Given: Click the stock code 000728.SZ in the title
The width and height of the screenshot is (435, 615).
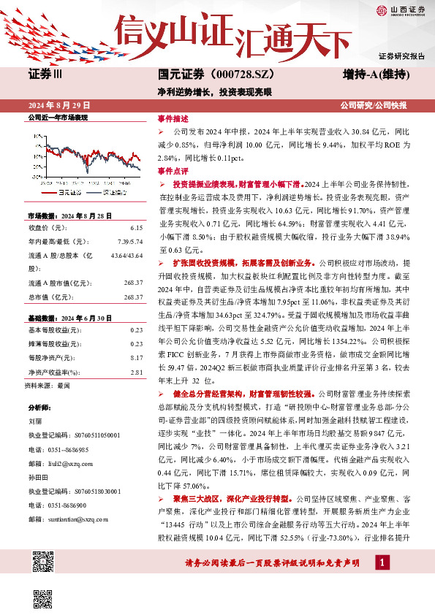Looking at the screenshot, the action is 217,75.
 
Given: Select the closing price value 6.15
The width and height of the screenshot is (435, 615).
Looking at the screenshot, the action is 135,228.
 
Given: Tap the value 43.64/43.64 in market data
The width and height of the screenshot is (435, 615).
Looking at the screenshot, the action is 126,255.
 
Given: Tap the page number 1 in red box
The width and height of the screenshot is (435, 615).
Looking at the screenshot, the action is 382,562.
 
